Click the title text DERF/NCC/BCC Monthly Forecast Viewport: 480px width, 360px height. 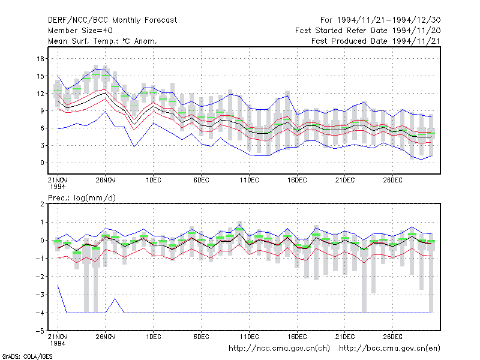112,20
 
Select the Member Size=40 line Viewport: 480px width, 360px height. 80,31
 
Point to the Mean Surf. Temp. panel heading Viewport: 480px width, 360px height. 103,41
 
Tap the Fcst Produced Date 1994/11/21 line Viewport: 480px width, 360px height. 376,41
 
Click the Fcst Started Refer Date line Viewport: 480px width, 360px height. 368,31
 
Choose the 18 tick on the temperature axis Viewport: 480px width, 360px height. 40,59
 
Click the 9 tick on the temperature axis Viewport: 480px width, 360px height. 42,111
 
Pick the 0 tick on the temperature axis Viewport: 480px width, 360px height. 42,163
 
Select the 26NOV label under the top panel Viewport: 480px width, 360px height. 106,180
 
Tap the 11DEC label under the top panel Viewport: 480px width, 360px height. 249,180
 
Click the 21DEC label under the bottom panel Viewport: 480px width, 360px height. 345,337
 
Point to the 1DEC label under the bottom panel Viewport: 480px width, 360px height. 154,337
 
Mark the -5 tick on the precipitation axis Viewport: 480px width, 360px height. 40,331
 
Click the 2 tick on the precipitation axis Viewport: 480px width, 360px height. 42,204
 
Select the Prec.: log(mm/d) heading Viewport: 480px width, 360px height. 82,198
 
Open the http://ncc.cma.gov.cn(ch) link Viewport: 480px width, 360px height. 279,349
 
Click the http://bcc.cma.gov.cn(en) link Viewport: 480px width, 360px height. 389,349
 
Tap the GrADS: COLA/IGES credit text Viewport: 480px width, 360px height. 27,356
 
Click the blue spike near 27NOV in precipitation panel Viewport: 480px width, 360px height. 115,299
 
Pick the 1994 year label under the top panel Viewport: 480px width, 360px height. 58,187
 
